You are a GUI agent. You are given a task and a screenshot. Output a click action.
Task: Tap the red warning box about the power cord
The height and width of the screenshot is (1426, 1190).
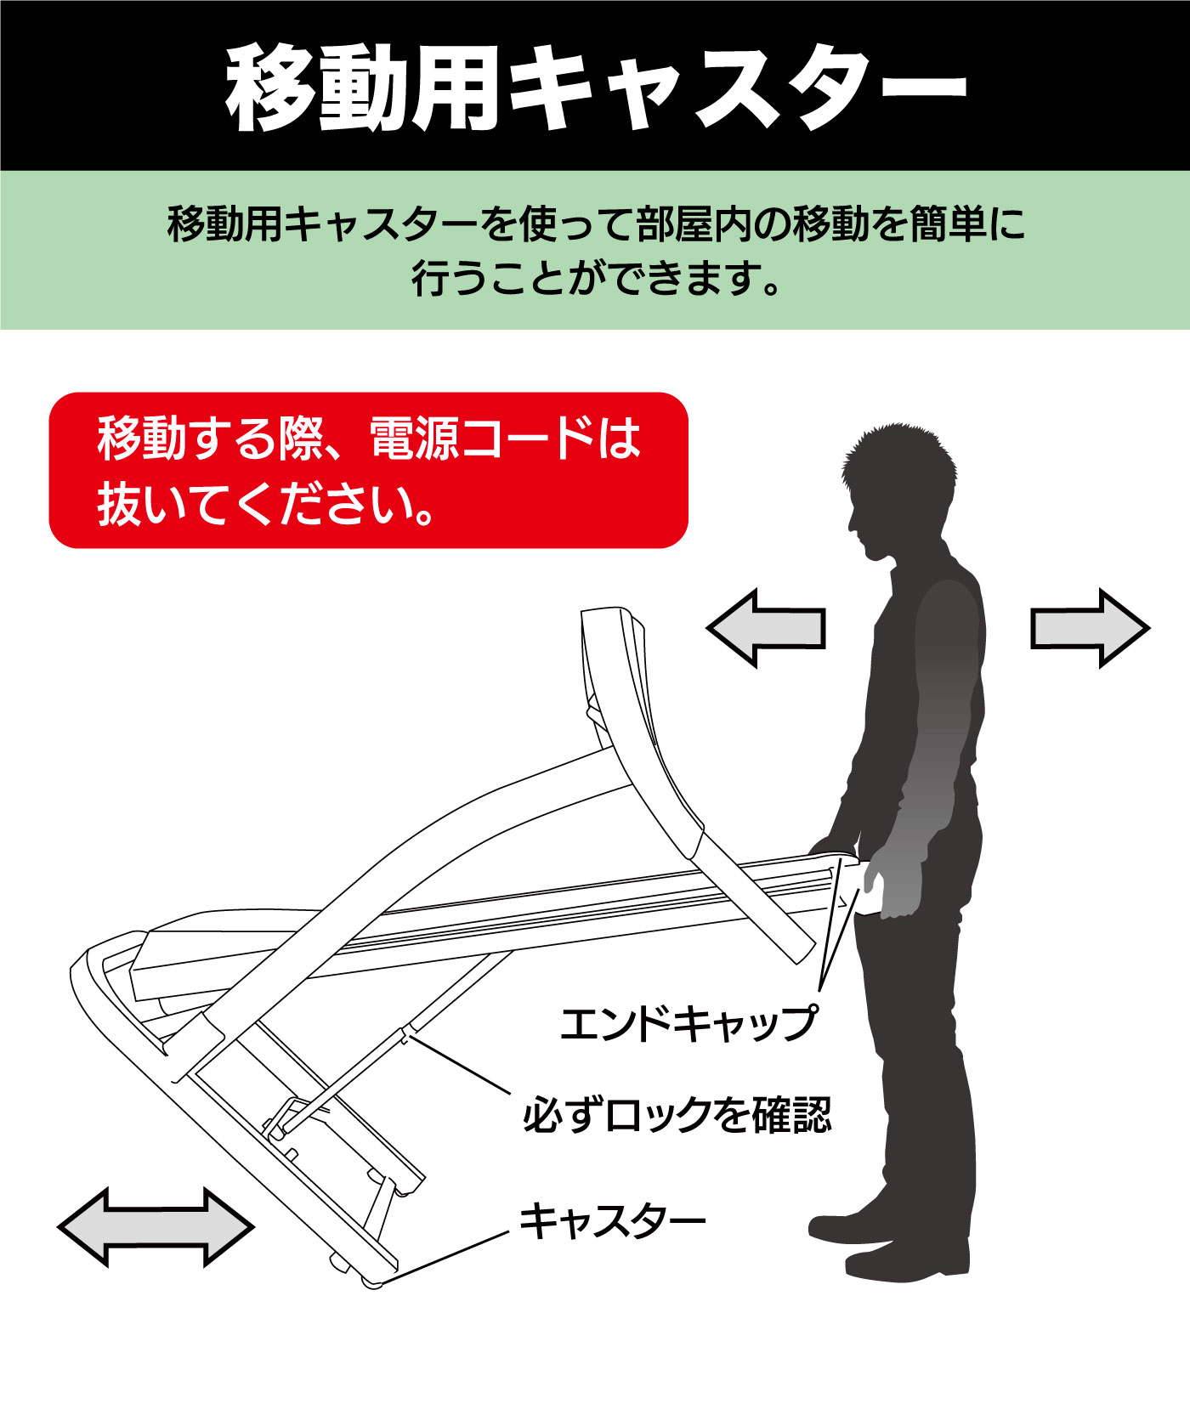pos(368,470)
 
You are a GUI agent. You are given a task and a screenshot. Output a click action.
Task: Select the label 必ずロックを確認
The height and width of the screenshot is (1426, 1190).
pos(677,1115)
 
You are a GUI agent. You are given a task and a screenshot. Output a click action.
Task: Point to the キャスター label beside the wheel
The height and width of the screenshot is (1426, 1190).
pos(612,1221)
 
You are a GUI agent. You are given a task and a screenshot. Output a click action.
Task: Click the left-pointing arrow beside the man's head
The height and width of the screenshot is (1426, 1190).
pos(766,629)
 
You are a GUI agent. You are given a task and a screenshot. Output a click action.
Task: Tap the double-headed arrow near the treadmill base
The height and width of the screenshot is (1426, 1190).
pos(156,1227)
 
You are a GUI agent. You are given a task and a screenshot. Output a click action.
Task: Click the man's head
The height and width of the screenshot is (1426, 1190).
pos(899,489)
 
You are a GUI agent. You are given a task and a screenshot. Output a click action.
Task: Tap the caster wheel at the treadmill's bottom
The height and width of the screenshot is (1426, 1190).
pos(371,1282)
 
